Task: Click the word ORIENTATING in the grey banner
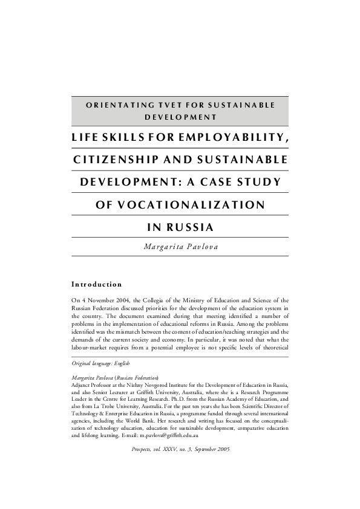point(111,105)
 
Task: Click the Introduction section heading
point(97,284)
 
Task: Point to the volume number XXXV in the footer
point(180,450)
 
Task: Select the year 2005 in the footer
point(222,450)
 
